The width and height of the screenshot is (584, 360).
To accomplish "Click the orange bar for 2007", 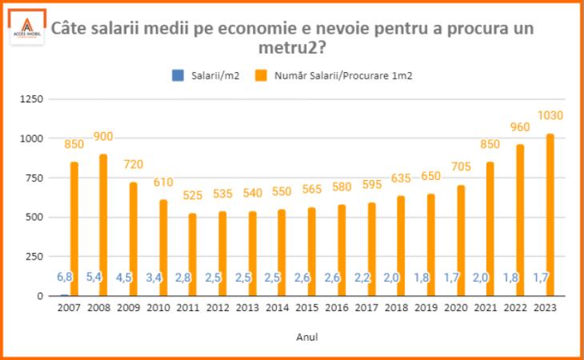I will point(74,229).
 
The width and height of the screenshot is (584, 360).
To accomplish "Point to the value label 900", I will point(103,135).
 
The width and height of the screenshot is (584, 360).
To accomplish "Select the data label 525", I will point(192,194).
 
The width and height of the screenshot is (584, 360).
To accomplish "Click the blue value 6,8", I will point(65,277).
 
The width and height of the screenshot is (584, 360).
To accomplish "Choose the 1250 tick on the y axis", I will point(32,99).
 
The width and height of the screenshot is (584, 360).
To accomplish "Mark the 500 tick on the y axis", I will point(35,218).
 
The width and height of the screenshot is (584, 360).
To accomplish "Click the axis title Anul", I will point(306,338).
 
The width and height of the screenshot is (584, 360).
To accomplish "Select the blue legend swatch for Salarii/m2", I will point(178,76).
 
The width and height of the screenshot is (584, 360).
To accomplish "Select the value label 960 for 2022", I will point(520,126).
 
